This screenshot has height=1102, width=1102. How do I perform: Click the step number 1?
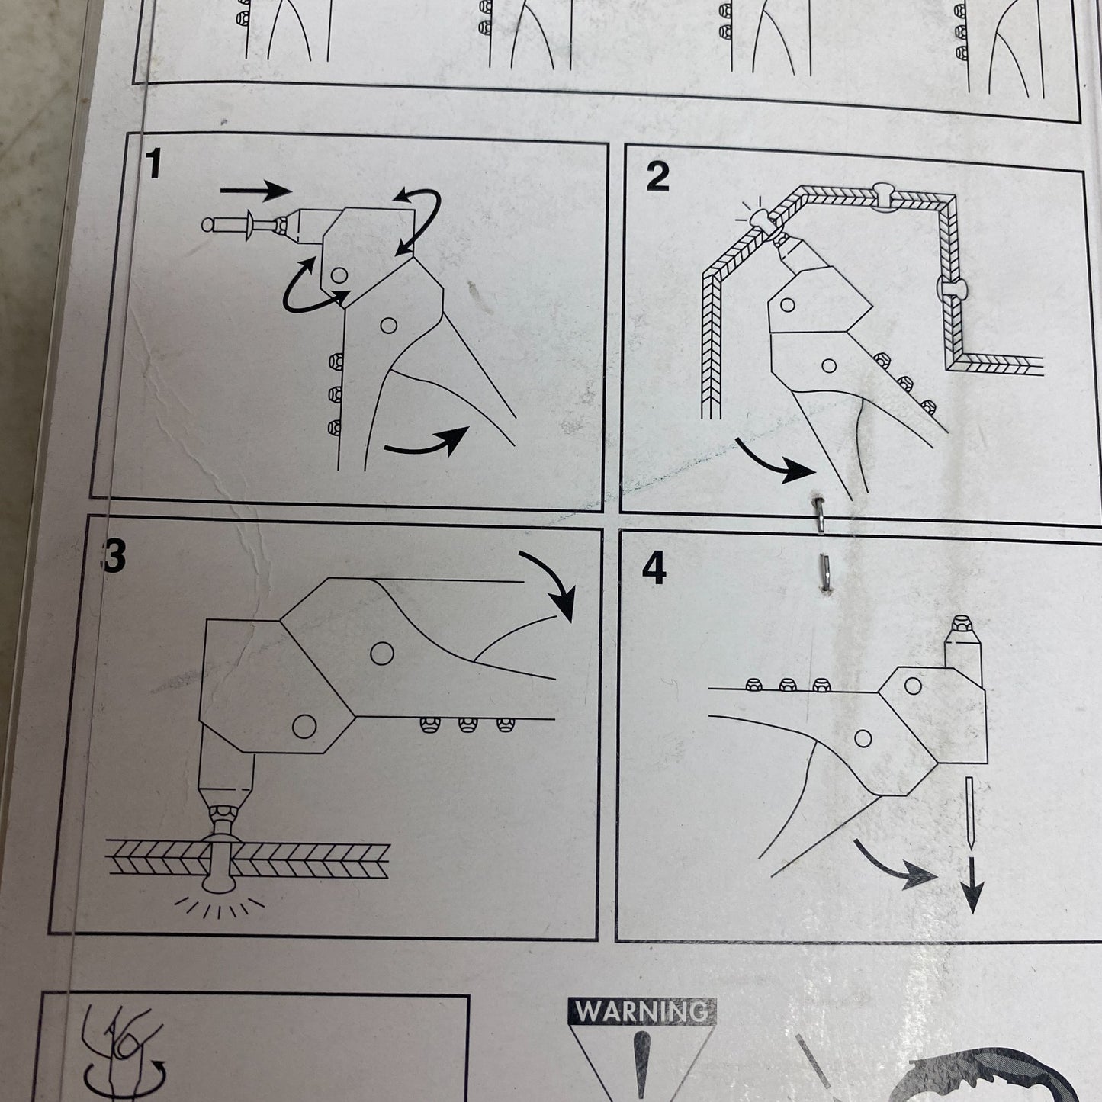tap(153, 163)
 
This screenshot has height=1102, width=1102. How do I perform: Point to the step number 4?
tap(654, 570)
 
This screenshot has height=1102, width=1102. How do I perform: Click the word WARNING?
tap(641, 1012)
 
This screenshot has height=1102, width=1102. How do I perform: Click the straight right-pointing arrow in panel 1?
tap(255, 191)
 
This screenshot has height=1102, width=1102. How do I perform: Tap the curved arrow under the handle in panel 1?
tap(427, 440)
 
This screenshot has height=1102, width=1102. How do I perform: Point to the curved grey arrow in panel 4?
tap(892, 869)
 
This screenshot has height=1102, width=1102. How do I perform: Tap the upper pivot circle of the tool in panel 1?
tap(339, 275)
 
